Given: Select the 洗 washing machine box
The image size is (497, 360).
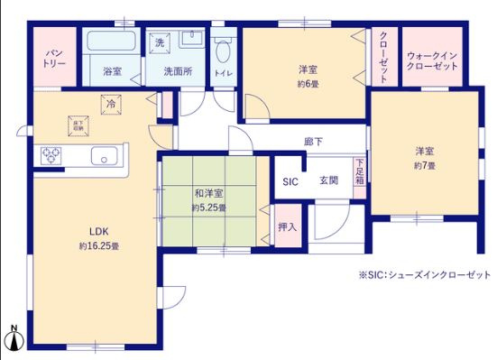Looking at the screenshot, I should coord(159,43).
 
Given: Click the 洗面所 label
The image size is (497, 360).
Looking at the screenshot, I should coord(177,69).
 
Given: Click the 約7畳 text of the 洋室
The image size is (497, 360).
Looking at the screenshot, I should coord(425,166).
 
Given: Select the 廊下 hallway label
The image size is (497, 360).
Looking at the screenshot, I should coord(315,142).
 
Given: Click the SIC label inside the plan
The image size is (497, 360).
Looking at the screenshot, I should coord(290,180).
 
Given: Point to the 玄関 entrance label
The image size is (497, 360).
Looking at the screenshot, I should coord(329,180).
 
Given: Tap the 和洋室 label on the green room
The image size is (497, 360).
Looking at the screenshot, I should coord(208,193).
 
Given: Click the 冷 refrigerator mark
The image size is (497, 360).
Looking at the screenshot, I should coord(110,104).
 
